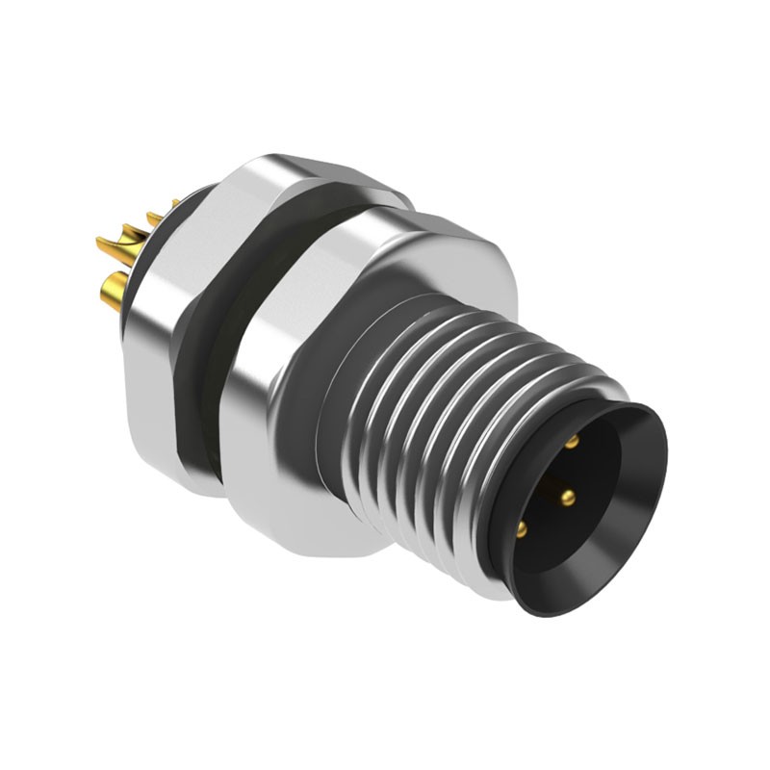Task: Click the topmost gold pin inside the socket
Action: click(x=572, y=441)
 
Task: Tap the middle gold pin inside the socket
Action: click(x=568, y=498)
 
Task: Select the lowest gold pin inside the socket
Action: click(x=522, y=528)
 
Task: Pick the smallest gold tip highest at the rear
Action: click(x=175, y=203)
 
